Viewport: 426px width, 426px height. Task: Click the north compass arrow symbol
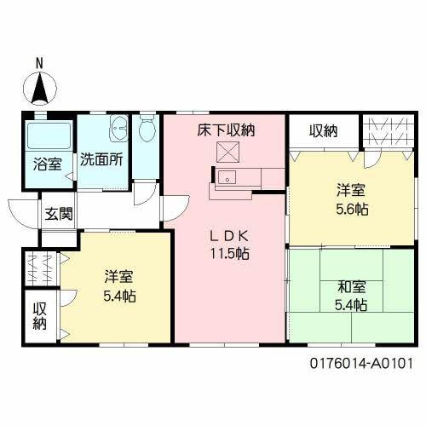point(40,88)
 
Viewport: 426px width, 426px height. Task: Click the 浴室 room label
point(48,164)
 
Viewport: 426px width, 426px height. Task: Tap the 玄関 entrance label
point(58,212)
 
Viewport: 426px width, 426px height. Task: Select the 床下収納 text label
point(227,130)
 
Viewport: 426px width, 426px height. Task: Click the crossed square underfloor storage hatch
point(227,153)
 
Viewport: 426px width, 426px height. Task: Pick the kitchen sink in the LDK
point(227,178)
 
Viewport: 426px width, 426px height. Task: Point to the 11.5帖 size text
point(230,253)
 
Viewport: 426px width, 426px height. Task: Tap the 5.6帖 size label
point(352,210)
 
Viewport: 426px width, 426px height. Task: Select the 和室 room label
point(350,286)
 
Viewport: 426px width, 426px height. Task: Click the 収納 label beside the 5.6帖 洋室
point(323,130)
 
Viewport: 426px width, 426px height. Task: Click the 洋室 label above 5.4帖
point(118,278)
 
